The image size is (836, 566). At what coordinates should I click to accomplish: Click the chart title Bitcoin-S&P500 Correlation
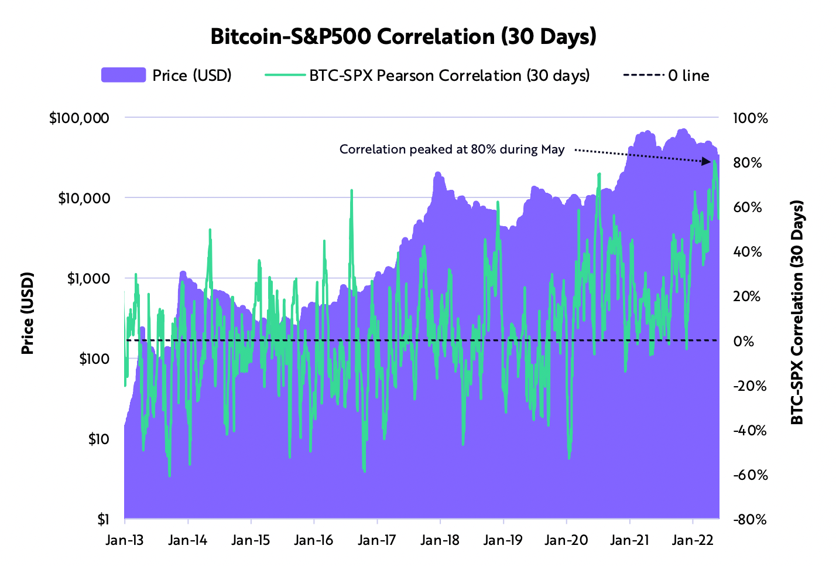(403, 36)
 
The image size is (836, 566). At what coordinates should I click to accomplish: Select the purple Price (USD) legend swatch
(124, 75)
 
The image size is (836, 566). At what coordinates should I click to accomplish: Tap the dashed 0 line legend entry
(643, 75)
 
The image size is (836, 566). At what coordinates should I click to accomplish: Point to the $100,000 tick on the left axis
(80, 118)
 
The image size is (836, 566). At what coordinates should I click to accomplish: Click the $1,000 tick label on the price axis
(88, 278)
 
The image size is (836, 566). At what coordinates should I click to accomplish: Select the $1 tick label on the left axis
(103, 519)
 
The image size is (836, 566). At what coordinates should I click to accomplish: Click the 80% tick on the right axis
(747, 163)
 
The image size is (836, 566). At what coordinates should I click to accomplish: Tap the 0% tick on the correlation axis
(744, 341)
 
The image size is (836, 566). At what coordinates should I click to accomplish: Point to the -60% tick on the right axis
(749, 475)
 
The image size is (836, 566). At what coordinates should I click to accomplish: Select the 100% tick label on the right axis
(749, 118)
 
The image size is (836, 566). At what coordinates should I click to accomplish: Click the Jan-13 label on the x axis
(124, 540)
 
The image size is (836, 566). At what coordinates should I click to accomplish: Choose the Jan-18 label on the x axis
(440, 540)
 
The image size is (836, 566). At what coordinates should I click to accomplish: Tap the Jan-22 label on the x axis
(693, 540)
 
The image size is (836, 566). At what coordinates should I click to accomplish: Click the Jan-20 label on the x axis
(566, 540)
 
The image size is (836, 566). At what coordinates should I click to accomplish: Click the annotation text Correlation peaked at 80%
(451, 149)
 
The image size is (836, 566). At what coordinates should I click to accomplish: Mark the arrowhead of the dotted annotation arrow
(708, 161)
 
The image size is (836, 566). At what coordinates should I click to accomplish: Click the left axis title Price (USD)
(27, 313)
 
